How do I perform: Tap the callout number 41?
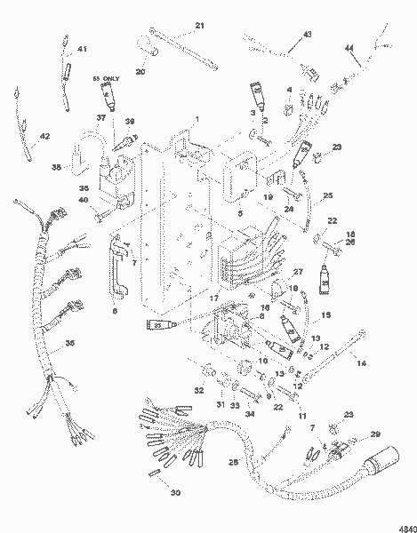coord(83,49)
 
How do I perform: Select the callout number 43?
coord(308,34)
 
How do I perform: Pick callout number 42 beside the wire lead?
coord(45,136)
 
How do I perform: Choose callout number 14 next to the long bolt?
coord(360,363)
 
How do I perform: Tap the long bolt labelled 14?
coord(333,355)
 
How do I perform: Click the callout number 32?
coord(199,390)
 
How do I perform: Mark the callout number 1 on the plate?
coord(197,118)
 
